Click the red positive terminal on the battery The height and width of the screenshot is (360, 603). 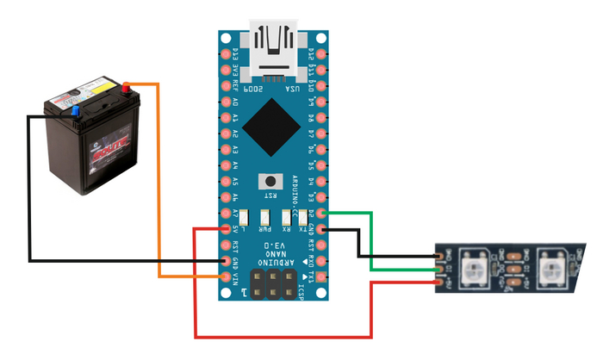(x=127, y=86)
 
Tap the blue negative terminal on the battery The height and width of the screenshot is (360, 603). (x=75, y=110)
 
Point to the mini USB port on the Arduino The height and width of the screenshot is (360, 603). (x=277, y=43)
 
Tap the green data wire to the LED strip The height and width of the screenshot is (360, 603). (x=370, y=241)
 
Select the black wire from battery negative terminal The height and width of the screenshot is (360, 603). (x=29, y=189)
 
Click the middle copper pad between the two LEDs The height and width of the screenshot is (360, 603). (x=515, y=268)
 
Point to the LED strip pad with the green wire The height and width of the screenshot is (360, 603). (x=440, y=269)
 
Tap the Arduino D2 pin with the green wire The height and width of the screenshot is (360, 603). (x=320, y=213)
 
